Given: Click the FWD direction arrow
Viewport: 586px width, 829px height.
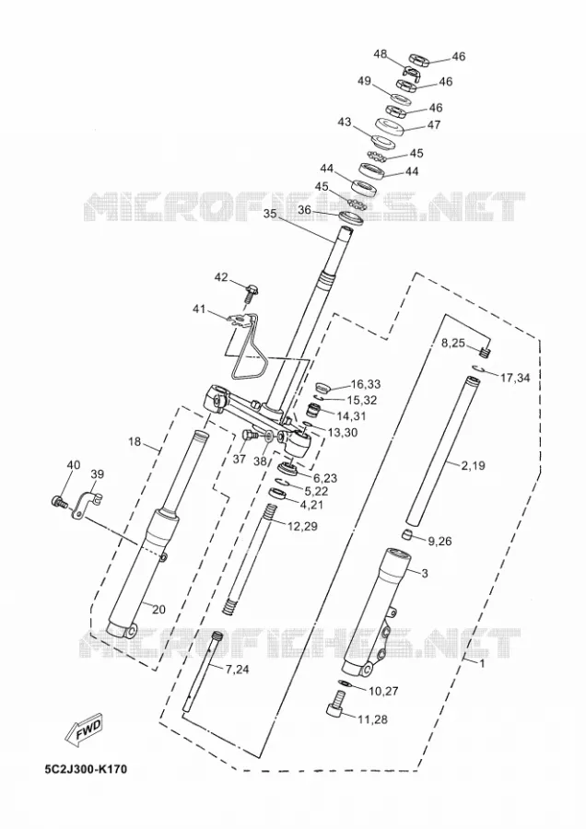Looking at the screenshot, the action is [84, 731].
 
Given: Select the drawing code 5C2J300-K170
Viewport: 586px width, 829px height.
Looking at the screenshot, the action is [87, 769].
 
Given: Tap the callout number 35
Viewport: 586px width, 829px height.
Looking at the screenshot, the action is [270, 214].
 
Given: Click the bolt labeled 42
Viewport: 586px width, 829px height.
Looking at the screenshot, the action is [251, 291].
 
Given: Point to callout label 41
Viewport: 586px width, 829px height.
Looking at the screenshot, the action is [199, 309].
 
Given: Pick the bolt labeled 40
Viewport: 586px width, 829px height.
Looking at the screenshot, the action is [59, 500].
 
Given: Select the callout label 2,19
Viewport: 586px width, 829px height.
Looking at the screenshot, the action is [473, 466].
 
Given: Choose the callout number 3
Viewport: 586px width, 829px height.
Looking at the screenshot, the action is [424, 573].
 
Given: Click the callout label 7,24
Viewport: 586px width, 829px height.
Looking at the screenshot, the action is [238, 670].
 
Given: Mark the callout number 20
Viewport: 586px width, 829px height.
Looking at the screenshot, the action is [158, 610].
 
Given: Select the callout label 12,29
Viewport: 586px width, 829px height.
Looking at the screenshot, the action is [302, 526].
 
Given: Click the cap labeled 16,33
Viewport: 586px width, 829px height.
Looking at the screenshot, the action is [323, 386].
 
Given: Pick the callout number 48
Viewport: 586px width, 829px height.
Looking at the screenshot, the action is [381, 54].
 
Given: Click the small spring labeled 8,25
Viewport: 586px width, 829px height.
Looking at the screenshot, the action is [486, 349].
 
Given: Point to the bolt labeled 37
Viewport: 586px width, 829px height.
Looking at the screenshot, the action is [249, 435].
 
